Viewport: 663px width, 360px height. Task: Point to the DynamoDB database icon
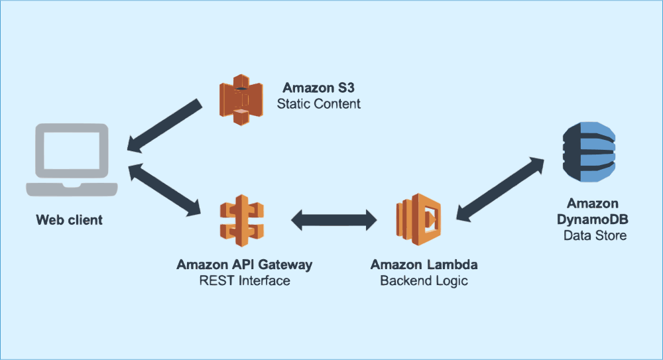pyautogui.click(x=589, y=152)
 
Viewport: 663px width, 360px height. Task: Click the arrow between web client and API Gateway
pyautogui.click(x=166, y=190)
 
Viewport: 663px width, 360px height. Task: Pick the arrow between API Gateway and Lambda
pyautogui.click(x=333, y=219)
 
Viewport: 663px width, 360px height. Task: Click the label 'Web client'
pyautogui.click(x=70, y=220)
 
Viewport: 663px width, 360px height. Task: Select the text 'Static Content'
pyautogui.click(x=319, y=104)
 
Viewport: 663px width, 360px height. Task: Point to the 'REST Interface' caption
pyautogui.click(x=245, y=281)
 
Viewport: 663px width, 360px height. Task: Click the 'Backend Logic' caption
pyautogui.click(x=424, y=281)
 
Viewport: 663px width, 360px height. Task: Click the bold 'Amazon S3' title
pyautogui.click(x=314, y=88)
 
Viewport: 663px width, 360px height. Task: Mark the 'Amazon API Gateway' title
pyautogui.click(x=244, y=265)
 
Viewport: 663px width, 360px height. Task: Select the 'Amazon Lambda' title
pyautogui.click(x=424, y=265)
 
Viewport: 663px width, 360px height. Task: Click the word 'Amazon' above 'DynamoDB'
pyautogui.click(x=593, y=204)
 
